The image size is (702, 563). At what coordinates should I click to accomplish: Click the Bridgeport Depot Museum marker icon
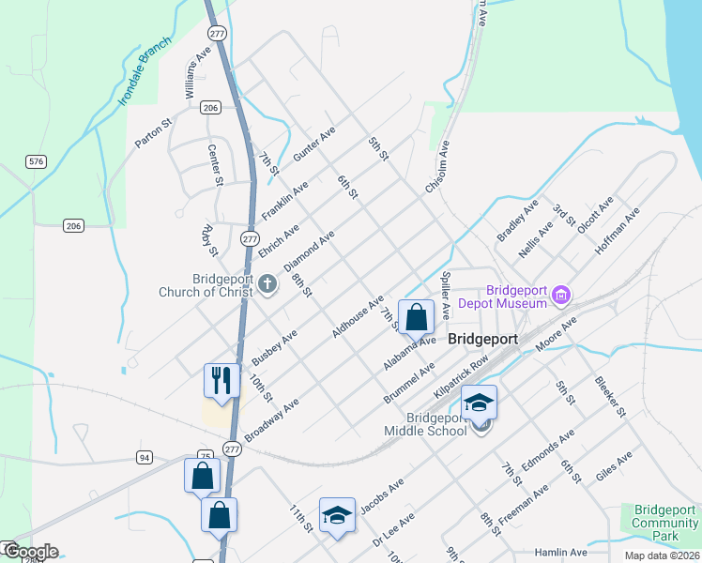(x=561, y=297)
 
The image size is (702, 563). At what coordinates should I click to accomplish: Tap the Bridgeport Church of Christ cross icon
(x=267, y=283)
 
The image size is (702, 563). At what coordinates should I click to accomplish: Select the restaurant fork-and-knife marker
(x=221, y=380)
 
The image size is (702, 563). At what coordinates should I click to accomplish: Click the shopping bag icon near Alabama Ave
(x=416, y=317)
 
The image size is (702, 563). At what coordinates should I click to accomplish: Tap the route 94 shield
(x=144, y=457)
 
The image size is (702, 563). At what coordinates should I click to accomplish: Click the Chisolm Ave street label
(x=437, y=168)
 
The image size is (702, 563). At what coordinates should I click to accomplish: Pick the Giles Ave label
(x=615, y=466)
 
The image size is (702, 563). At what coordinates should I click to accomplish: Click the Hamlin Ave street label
(x=560, y=553)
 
